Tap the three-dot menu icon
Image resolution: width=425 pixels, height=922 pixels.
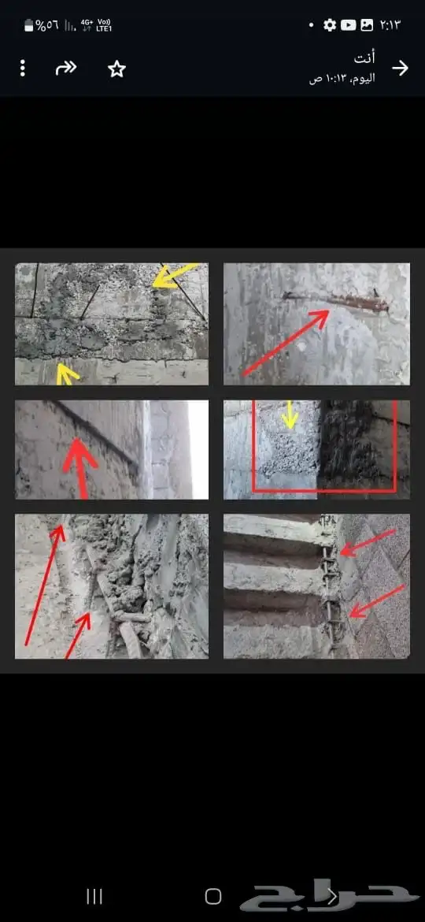tap(22, 69)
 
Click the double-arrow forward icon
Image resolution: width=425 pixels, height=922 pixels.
tap(66, 69)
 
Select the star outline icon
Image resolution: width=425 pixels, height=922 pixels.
tap(116, 69)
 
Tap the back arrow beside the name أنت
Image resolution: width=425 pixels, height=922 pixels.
tap(400, 69)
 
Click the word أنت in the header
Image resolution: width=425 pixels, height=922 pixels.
tap(364, 58)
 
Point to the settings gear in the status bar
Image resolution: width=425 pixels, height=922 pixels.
tap(330, 24)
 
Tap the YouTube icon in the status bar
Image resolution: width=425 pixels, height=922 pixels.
tap(348, 24)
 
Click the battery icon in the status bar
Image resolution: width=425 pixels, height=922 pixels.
tap(29, 25)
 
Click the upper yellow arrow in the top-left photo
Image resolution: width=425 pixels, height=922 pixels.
tap(176, 275)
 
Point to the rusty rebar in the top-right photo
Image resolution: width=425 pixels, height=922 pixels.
tap(335, 301)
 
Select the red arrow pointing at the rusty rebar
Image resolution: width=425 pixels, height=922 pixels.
tap(285, 343)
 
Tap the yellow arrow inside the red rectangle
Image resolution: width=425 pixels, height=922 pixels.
tap(289, 415)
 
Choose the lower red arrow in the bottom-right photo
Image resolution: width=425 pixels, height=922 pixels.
tap(377, 601)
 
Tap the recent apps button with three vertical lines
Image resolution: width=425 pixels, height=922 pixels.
tap(94, 896)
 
